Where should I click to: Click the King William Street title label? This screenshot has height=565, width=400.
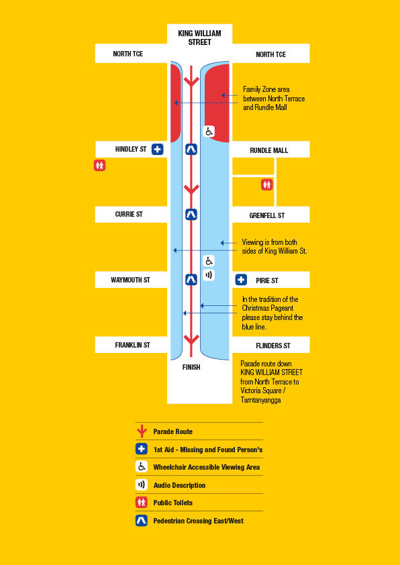click(x=199, y=38)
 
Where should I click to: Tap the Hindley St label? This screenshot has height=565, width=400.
click(x=131, y=149)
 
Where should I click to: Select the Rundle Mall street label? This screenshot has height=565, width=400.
click(x=269, y=150)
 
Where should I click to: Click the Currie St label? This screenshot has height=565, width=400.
click(x=129, y=215)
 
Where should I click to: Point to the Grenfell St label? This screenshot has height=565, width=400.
click(x=267, y=215)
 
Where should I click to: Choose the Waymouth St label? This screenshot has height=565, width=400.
click(x=130, y=280)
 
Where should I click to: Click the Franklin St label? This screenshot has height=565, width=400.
click(x=132, y=345)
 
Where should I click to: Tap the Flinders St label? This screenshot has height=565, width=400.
click(x=272, y=346)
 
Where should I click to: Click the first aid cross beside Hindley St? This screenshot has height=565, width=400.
click(x=157, y=149)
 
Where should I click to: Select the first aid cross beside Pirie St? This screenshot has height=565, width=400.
click(x=241, y=280)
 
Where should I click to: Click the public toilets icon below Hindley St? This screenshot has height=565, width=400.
click(x=100, y=165)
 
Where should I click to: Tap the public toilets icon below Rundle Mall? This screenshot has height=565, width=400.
click(x=267, y=185)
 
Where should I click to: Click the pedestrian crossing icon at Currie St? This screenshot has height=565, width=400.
click(x=191, y=215)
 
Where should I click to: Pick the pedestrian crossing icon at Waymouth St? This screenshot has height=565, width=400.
click(x=191, y=279)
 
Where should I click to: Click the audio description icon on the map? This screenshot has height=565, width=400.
click(x=209, y=275)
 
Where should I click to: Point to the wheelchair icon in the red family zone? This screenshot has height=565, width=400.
click(x=209, y=131)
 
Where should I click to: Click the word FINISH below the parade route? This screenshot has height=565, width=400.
click(x=191, y=367)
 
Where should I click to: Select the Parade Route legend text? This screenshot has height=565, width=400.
click(x=173, y=431)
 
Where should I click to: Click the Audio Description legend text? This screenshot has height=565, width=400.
click(x=179, y=485)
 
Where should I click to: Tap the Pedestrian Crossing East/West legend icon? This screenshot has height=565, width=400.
click(x=142, y=521)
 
